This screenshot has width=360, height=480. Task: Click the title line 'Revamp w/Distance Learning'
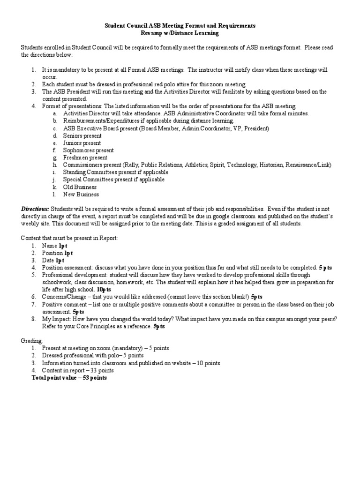(x=180, y=34)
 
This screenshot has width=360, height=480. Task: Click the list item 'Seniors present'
(x=82, y=135)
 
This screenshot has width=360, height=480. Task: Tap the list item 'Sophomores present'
(x=88, y=150)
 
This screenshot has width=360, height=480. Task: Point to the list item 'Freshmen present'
(x=85, y=157)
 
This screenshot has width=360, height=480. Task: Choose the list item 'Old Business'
(x=80, y=187)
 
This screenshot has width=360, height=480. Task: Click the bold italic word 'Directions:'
(x=35, y=209)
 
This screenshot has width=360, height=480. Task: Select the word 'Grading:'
(x=32, y=341)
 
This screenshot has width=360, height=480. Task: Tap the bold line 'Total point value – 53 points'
(x=69, y=377)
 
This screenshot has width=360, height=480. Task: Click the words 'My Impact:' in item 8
(x=55, y=319)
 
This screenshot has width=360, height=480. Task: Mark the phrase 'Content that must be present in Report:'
(x=69, y=238)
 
